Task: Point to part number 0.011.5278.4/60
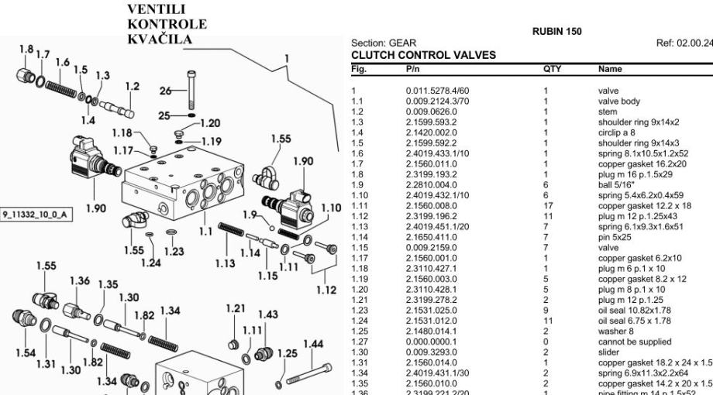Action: pos(437,91)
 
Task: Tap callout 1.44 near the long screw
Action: pos(313,344)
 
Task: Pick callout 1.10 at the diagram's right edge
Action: pos(330,208)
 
